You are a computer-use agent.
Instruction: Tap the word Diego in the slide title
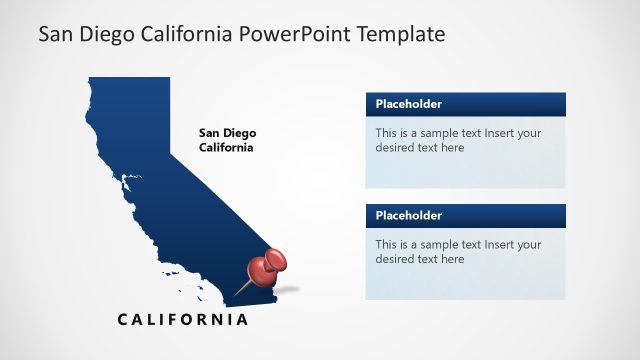point(101,34)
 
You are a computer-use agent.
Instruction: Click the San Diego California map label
point(226,140)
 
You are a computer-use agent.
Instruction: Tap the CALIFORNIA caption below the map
point(182,320)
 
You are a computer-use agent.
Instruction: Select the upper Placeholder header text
point(409,104)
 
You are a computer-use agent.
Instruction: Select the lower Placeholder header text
point(409,215)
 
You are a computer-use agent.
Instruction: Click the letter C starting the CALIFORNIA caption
point(123,320)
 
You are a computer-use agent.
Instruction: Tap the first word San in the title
point(55,34)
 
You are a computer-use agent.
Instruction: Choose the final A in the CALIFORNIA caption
point(241,320)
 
